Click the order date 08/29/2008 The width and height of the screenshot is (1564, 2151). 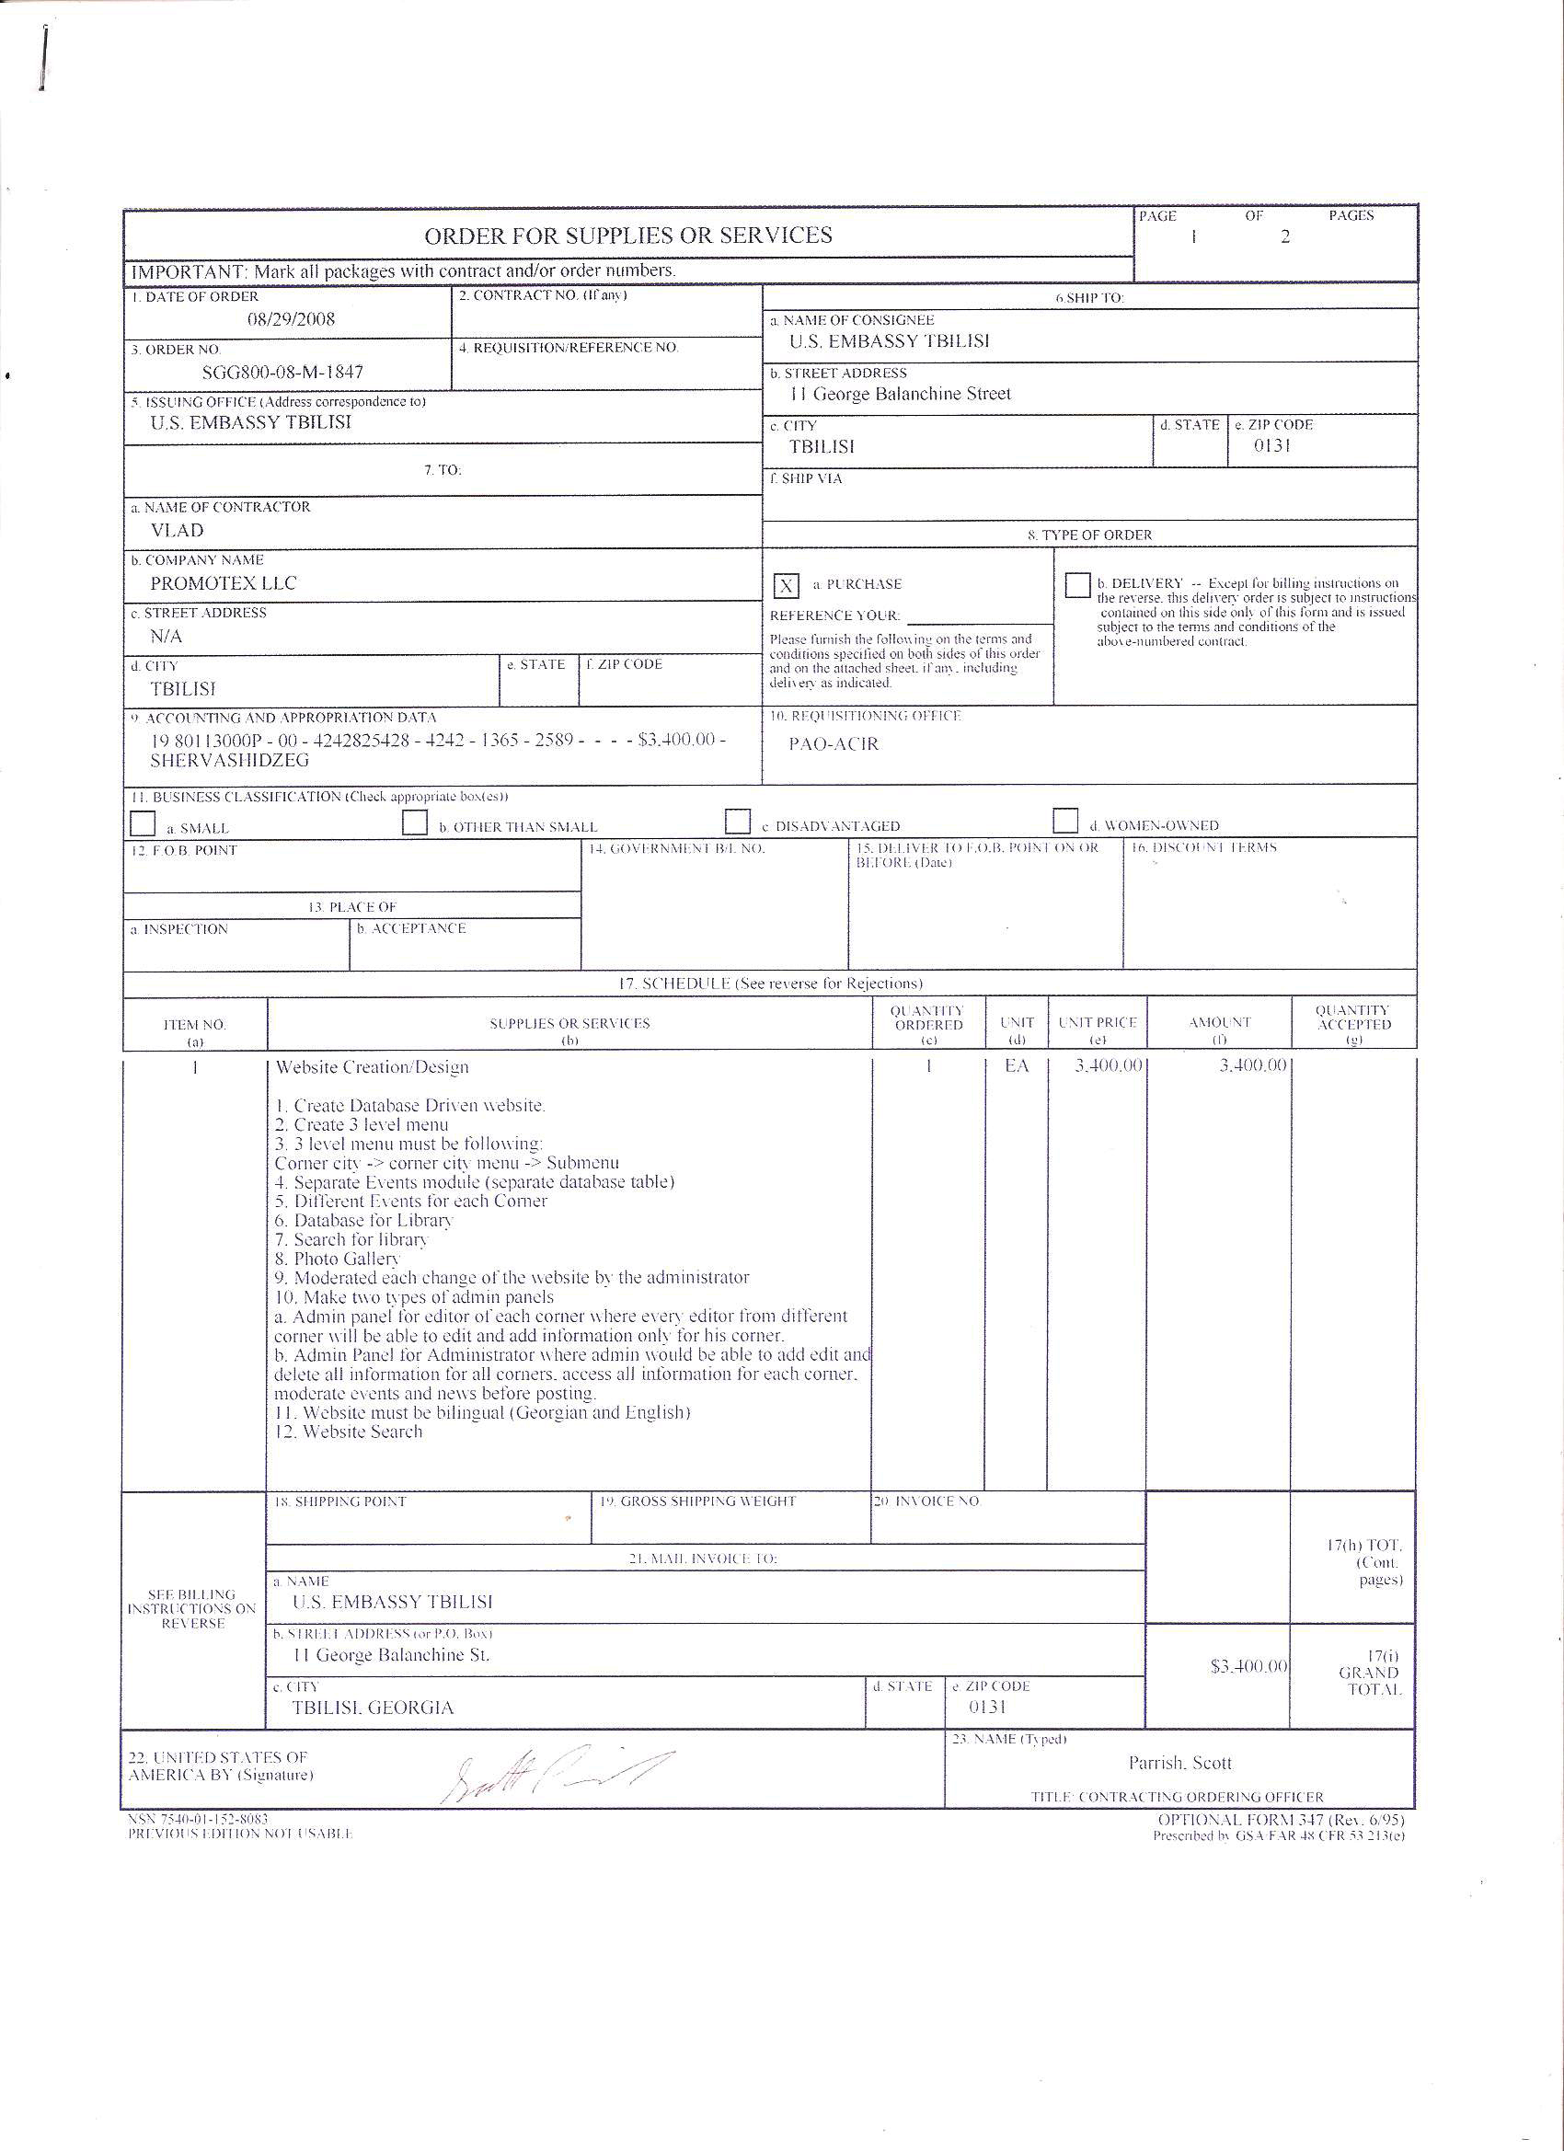coord(291,318)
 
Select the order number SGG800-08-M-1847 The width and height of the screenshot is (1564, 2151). coord(282,373)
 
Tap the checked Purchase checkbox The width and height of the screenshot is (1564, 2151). coord(787,586)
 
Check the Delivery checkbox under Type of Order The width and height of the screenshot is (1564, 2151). coord(1076,584)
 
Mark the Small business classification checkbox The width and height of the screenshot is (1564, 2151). coord(143,823)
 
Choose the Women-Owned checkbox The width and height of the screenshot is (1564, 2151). coord(1065,821)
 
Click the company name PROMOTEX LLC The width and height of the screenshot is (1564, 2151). coord(223,583)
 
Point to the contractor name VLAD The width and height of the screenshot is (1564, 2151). coord(178,530)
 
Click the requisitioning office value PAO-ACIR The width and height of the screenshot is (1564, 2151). coord(834,743)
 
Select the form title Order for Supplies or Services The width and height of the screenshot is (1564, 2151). coord(627,236)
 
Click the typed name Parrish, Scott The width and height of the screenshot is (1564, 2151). coord(1179,1763)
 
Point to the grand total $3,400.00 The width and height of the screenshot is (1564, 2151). coord(1248,1666)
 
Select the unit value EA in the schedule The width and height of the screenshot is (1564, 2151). coord(1016,1066)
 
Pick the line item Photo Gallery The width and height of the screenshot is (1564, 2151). coord(338,1259)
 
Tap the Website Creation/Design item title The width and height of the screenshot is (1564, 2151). coord(372,1067)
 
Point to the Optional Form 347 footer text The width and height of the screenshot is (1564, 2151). coord(1281,1820)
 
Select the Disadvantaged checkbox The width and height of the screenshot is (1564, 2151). coord(737,822)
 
